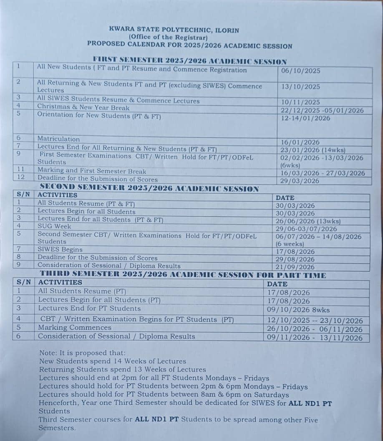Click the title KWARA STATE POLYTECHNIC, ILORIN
tap(174, 30)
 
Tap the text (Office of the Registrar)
tap(174, 37)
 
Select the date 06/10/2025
tap(300, 71)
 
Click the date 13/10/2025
tap(300, 86)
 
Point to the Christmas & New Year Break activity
tap(83, 108)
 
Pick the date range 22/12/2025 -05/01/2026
tap(322, 110)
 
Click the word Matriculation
tap(58, 139)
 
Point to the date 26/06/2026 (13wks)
tap(308, 221)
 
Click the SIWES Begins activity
tap(60, 249)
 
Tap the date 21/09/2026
tap(295, 267)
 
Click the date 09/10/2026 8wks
tap(298, 310)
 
